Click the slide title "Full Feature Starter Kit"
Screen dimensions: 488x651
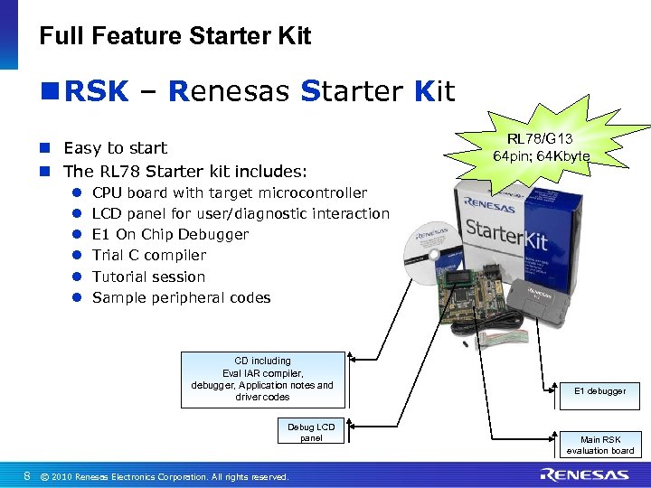[175, 36]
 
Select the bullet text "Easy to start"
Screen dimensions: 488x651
[116, 147]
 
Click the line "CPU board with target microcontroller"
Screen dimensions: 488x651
[230, 192]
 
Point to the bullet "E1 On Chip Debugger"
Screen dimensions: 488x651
[170, 234]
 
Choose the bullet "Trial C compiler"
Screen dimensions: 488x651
[149, 255]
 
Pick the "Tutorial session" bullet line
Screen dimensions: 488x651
[148, 277]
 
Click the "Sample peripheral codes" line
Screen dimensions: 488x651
[181, 297]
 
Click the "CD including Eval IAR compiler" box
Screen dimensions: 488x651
[262, 379]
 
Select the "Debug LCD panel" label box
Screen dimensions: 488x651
[311, 432]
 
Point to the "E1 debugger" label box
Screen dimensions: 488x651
[599, 391]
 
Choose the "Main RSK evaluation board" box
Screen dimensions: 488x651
[599, 445]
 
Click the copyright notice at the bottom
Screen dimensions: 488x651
[165, 476]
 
